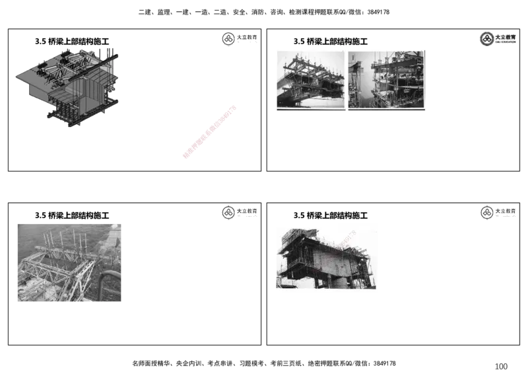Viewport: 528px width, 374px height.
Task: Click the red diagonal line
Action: pyautogui.click(x=209, y=132)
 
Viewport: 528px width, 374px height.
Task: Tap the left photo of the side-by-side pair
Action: pyautogui.click(x=310, y=79)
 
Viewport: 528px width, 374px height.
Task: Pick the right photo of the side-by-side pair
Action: pyautogui.click(x=387, y=79)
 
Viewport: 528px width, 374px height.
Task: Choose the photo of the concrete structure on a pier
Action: pyautogui.click(x=327, y=258)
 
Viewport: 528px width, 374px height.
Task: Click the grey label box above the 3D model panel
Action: pyautogui.click(x=238, y=40)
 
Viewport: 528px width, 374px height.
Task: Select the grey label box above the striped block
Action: pyautogui.click(x=238, y=213)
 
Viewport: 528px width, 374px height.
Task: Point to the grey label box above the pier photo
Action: pyautogui.click(x=499, y=213)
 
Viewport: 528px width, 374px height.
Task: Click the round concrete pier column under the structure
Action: pyautogui.click(x=338, y=282)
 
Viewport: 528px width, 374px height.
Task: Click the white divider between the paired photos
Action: pyautogui.click(x=346, y=79)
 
